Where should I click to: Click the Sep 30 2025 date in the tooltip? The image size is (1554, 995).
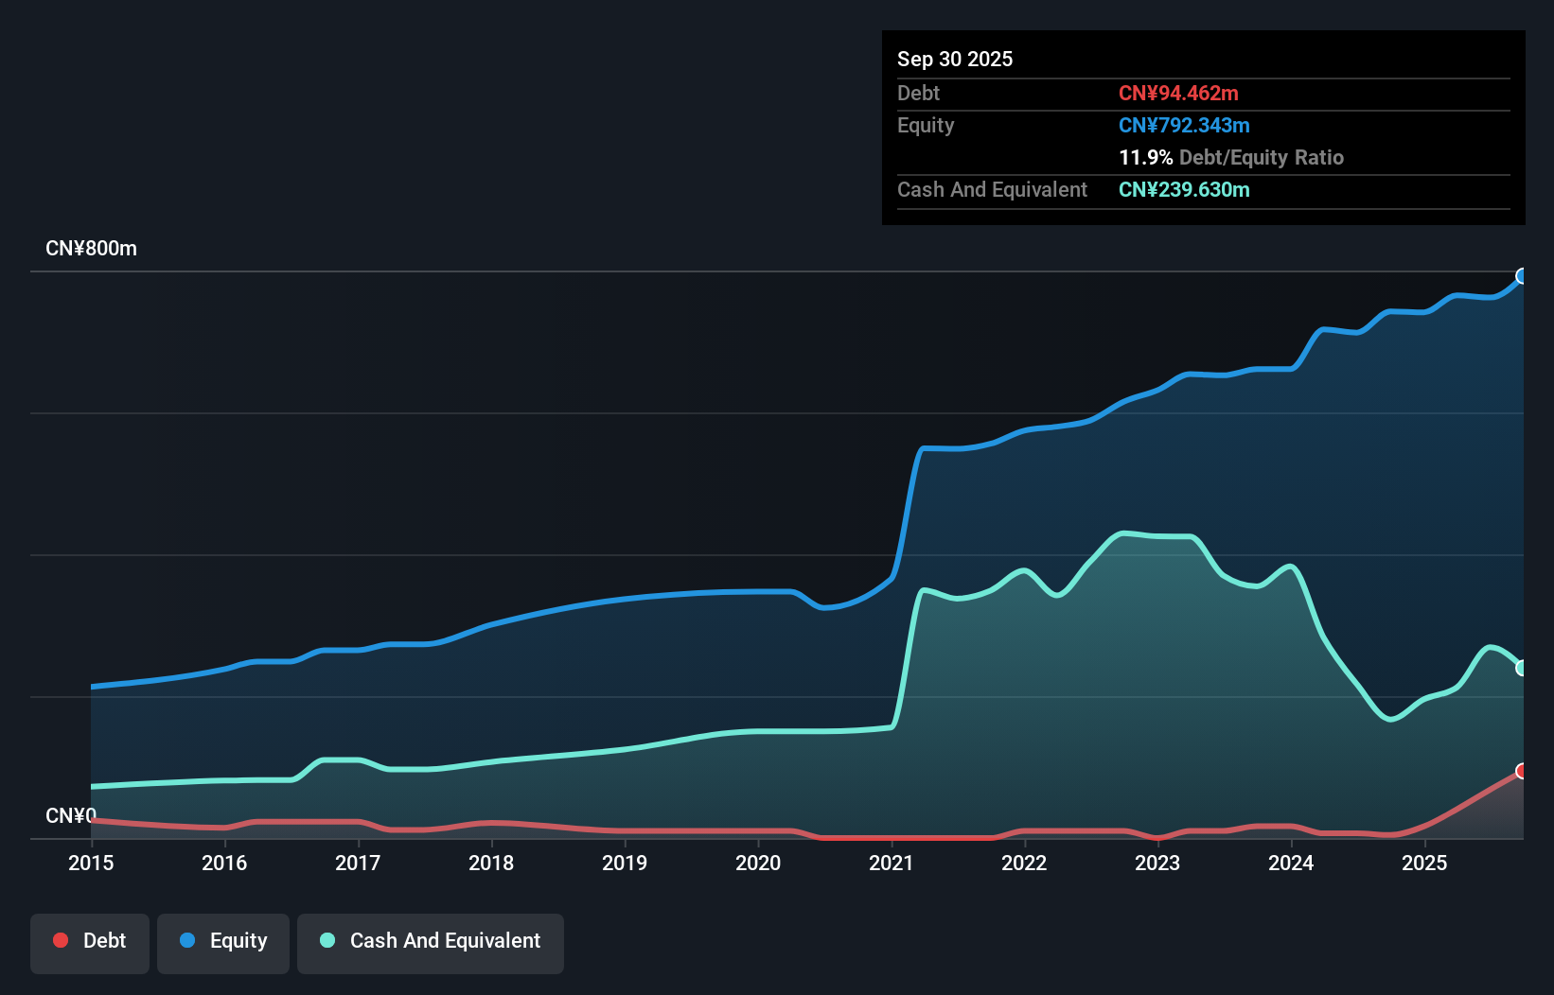click(x=954, y=59)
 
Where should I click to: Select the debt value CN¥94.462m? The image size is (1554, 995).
click(x=1177, y=93)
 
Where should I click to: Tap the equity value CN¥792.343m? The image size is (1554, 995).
click(x=1183, y=125)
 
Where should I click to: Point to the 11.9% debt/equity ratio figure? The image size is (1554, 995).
click(x=1145, y=157)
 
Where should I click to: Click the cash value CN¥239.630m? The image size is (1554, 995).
click(x=1183, y=189)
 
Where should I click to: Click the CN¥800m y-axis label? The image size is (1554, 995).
click(x=91, y=248)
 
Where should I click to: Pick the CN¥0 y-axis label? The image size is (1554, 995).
click(x=71, y=815)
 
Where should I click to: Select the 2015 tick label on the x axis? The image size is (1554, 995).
click(x=91, y=863)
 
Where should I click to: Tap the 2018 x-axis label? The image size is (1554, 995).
click(x=491, y=863)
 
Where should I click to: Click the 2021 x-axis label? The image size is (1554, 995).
click(x=891, y=863)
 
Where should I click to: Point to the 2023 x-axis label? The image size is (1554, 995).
click(x=1157, y=863)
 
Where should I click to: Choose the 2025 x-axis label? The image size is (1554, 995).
click(x=1424, y=863)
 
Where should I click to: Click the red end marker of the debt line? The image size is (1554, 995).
click(x=1522, y=771)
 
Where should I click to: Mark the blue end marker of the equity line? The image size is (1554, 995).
click(x=1522, y=276)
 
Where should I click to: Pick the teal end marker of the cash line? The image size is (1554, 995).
click(x=1522, y=668)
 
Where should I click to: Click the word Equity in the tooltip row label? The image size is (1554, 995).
click(x=925, y=125)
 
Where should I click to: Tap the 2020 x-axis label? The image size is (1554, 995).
click(x=758, y=863)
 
